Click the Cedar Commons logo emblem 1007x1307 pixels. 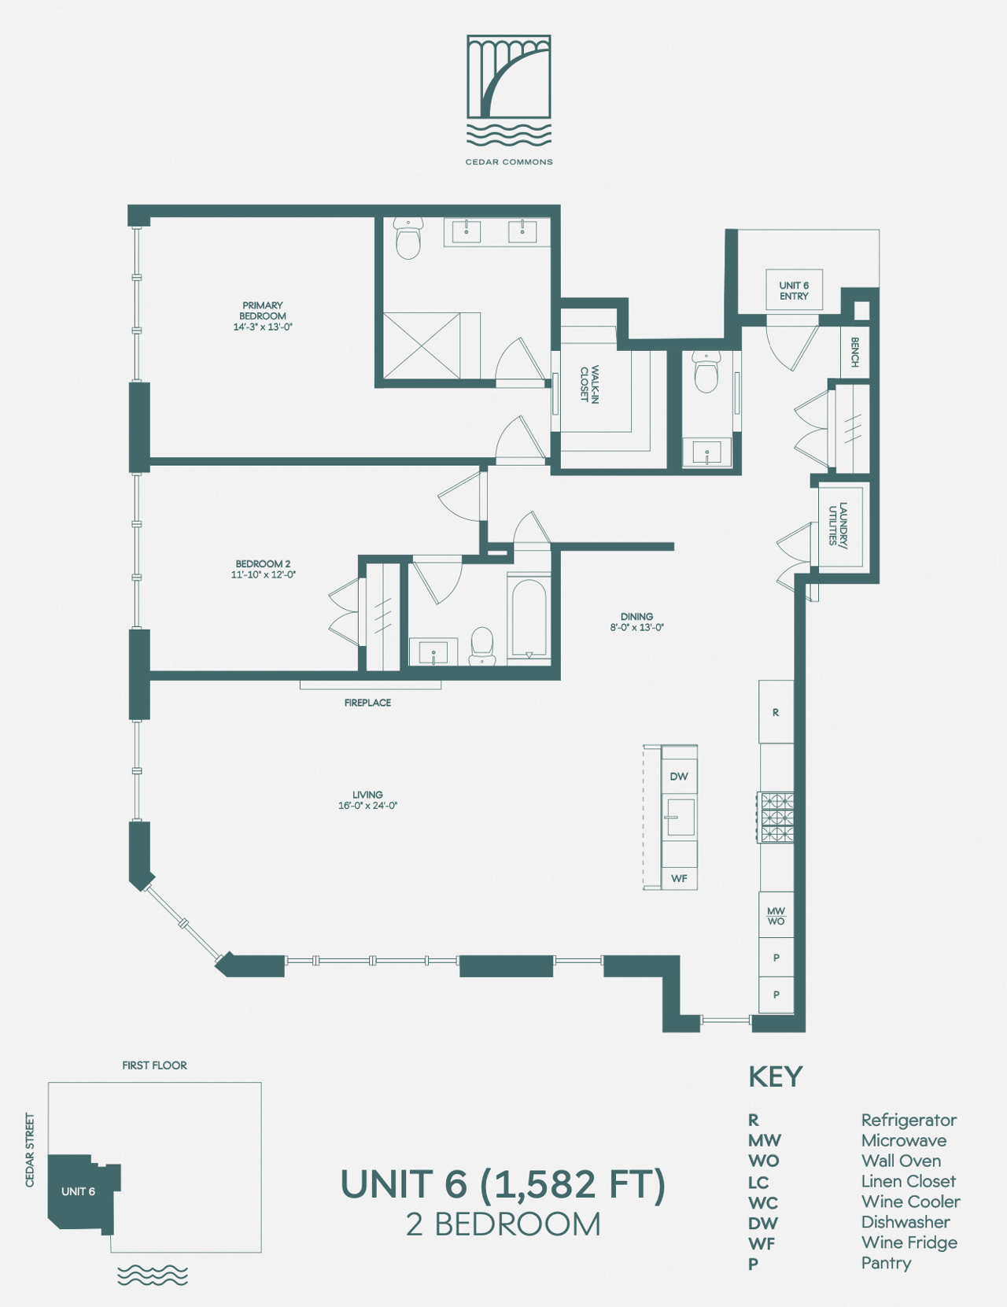click(508, 90)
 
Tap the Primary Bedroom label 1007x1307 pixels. click(263, 310)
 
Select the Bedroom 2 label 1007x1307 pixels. click(263, 563)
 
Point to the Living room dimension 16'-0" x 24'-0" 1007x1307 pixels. click(368, 806)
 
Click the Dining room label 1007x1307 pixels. click(636, 616)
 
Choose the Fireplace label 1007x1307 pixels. click(367, 703)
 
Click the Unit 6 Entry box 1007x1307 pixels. click(794, 290)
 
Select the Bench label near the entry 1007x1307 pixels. click(854, 352)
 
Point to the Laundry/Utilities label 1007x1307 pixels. click(838, 523)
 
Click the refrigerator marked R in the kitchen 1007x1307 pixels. click(776, 712)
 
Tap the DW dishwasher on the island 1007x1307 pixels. click(679, 777)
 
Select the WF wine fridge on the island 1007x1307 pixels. click(679, 879)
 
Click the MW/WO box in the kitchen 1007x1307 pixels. click(776, 916)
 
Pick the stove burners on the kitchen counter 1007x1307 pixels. click(776, 818)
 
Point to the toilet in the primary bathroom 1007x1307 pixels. click(408, 238)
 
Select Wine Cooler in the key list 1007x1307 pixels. click(910, 1202)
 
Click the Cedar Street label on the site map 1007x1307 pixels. click(29, 1150)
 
